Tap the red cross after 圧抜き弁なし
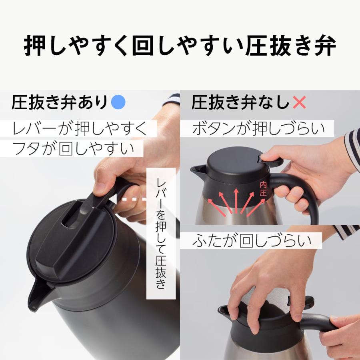(299, 103)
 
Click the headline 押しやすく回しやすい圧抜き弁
(180, 47)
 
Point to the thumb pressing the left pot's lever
(102, 187)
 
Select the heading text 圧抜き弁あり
(60, 103)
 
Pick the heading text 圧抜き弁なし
(240, 103)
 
